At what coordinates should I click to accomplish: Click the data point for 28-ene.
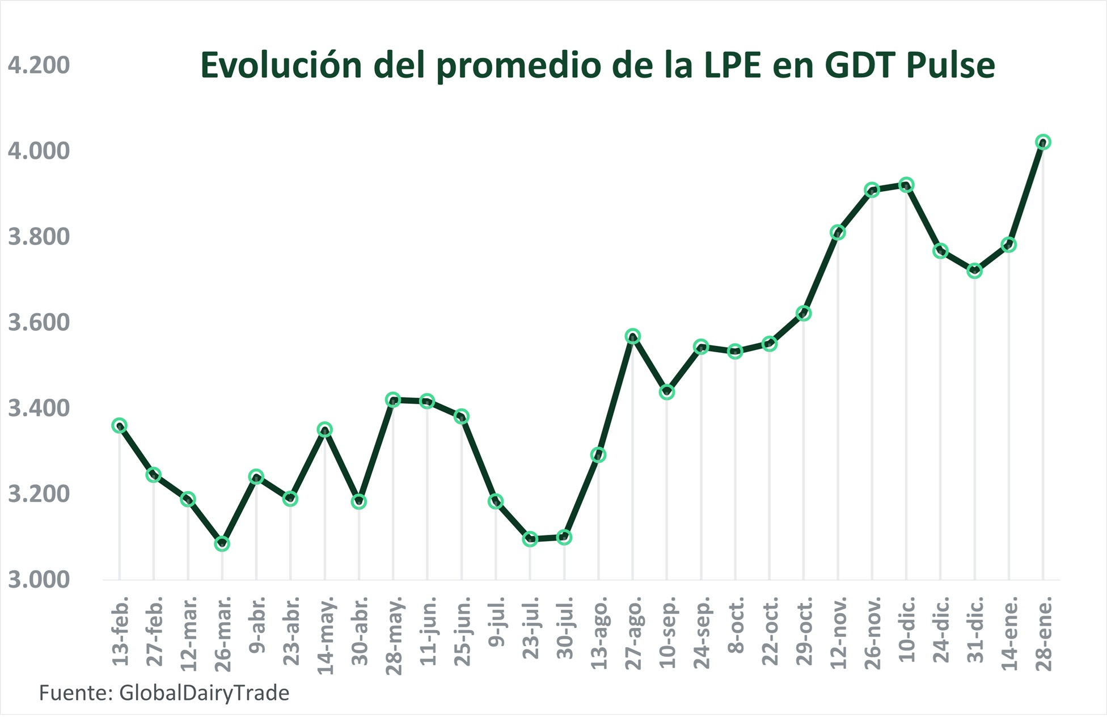[x=1042, y=142]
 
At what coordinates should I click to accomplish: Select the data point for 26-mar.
[x=222, y=544]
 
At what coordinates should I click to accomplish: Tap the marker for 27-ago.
[x=633, y=336]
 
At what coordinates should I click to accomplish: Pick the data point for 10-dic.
[x=906, y=185]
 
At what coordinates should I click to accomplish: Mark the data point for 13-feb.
[x=119, y=425]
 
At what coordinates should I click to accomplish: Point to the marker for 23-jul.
[x=530, y=539]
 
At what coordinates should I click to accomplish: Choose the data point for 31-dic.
[x=974, y=271]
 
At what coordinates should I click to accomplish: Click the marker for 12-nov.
[x=838, y=233]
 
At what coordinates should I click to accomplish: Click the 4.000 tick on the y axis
[x=39, y=151]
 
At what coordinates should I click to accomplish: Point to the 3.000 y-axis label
[x=39, y=580]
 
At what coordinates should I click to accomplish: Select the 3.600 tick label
[x=39, y=323]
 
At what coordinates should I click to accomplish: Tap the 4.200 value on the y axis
[x=39, y=65]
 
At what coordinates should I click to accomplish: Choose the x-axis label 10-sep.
[x=667, y=631]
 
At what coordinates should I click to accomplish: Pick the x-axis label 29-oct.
[x=804, y=631]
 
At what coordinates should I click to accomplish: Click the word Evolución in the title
[x=281, y=65]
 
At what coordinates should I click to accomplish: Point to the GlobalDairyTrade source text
[x=204, y=693]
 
